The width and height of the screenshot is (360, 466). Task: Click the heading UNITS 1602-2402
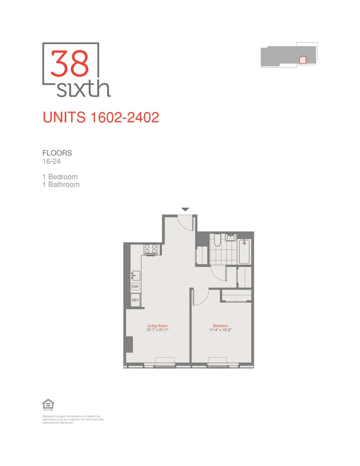click(x=101, y=117)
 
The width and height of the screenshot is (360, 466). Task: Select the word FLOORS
click(x=57, y=153)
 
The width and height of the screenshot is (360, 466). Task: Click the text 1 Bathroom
click(x=61, y=185)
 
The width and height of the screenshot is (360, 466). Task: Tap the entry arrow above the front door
click(x=185, y=210)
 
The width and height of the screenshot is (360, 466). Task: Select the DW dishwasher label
click(x=136, y=287)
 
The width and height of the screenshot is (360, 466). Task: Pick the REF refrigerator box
click(x=136, y=300)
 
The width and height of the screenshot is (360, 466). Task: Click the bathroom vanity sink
click(x=231, y=238)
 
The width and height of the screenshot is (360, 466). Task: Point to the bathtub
click(x=245, y=252)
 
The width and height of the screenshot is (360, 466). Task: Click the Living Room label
click(x=157, y=326)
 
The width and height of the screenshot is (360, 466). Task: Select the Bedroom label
click(x=220, y=326)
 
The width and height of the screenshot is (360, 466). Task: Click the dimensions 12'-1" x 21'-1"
click(x=157, y=330)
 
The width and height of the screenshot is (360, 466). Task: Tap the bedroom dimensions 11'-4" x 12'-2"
click(x=220, y=330)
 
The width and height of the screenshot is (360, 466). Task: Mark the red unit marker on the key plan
click(x=302, y=59)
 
